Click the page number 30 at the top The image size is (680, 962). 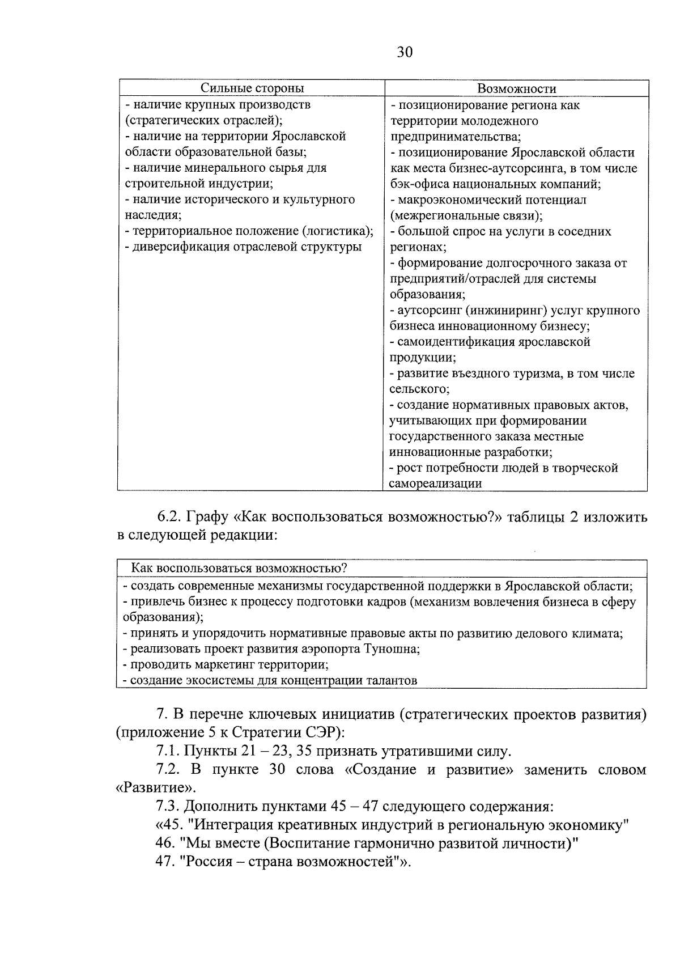(405, 52)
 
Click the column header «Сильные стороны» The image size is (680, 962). (252, 88)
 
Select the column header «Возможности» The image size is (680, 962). (516, 88)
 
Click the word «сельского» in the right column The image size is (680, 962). (418, 389)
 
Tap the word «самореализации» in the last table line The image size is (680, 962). (435, 484)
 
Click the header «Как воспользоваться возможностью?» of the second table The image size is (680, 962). (239, 568)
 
